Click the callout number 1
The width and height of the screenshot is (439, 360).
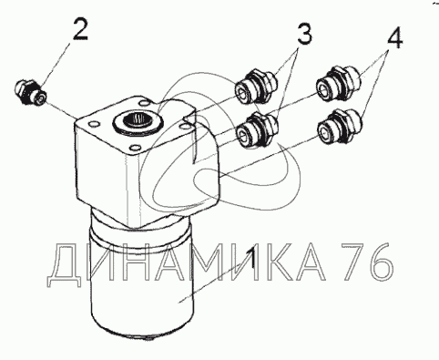[x=250, y=259]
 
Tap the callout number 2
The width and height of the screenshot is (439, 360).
[x=80, y=29]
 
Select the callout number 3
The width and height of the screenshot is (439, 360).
[x=304, y=34]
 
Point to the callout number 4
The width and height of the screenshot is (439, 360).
[x=394, y=36]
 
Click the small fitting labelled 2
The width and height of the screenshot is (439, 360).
[x=30, y=91]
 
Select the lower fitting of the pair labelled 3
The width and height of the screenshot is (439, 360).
[x=258, y=130]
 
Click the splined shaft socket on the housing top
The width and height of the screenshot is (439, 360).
[x=138, y=121]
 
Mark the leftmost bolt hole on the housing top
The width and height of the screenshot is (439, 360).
[x=94, y=125]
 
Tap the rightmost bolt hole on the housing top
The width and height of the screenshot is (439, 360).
[x=185, y=125]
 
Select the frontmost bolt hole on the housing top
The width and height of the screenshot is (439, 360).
[x=134, y=149]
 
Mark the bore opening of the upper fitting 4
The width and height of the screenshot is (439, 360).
[x=324, y=87]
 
